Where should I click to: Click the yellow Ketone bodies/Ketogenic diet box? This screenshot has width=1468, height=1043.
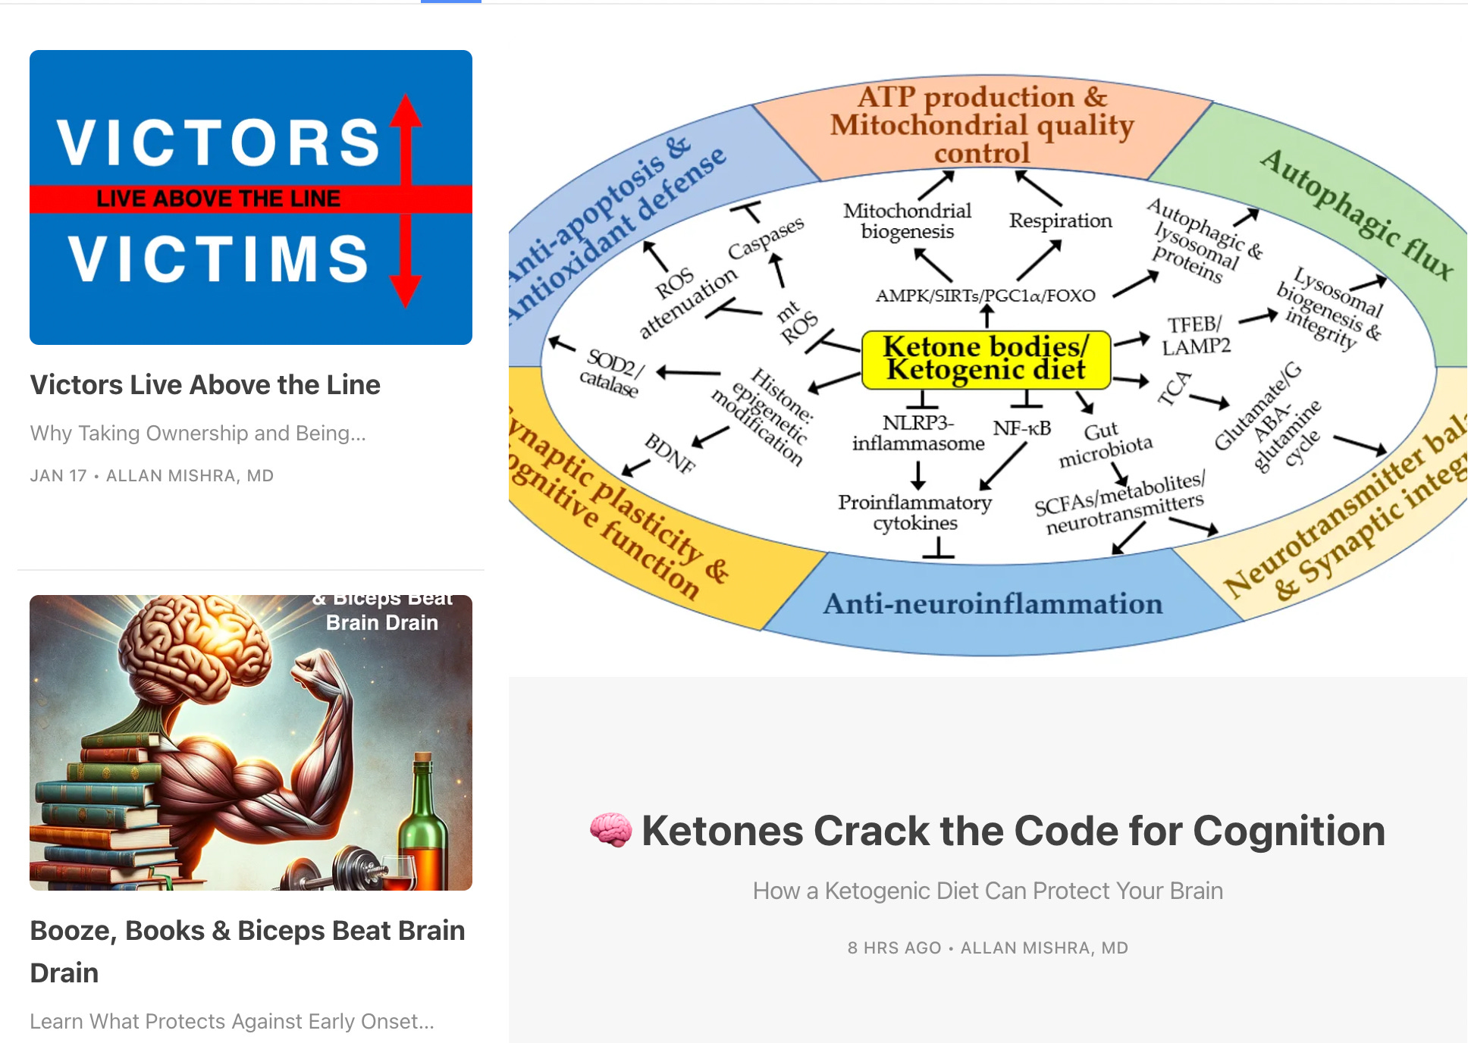pyautogui.click(x=986, y=359)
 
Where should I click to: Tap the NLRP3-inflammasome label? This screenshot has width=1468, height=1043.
pyautogui.click(x=917, y=433)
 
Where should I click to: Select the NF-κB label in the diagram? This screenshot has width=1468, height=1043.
pyautogui.click(x=1021, y=428)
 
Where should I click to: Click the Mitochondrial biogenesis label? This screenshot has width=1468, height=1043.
pyautogui.click(x=907, y=221)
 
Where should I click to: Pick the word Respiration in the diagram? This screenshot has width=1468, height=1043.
pyautogui.click(x=1060, y=221)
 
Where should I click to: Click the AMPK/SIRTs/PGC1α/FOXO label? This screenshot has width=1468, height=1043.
pyautogui.click(x=985, y=295)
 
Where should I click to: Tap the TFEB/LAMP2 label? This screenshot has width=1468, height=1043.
pyautogui.click(x=1195, y=335)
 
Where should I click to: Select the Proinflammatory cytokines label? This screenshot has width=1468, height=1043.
pyautogui.click(x=914, y=512)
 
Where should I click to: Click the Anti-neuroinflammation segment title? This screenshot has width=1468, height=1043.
pyautogui.click(x=993, y=603)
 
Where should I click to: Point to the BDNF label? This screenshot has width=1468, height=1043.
pyautogui.click(x=670, y=453)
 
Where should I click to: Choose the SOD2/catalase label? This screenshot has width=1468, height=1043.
pyautogui.click(x=611, y=372)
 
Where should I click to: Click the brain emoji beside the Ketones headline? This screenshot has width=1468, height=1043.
pyautogui.click(x=610, y=830)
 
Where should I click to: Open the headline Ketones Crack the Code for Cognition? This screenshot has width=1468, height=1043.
pyautogui.click(x=1013, y=831)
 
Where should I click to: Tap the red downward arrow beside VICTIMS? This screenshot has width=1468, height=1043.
pyautogui.click(x=406, y=262)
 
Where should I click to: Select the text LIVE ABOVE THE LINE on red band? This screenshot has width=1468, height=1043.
pyautogui.click(x=218, y=199)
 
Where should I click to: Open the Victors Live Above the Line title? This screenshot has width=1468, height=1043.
pyautogui.click(x=205, y=385)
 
